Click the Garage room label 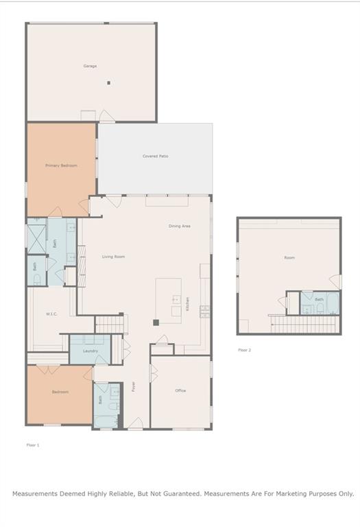pos(90,66)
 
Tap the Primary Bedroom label pos(61,165)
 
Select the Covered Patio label pos(155,156)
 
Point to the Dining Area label pos(180,226)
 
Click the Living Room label pos(114,257)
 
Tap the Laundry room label pos(91,351)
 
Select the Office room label pos(180,390)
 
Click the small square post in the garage pos(108,83)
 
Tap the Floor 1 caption pos(33,445)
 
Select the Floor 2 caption pos(245,350)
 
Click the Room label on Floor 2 pos(289,257)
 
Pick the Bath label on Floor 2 pos(319,299)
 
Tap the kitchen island pos(169,299)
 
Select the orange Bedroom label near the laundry pos(60,392)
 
